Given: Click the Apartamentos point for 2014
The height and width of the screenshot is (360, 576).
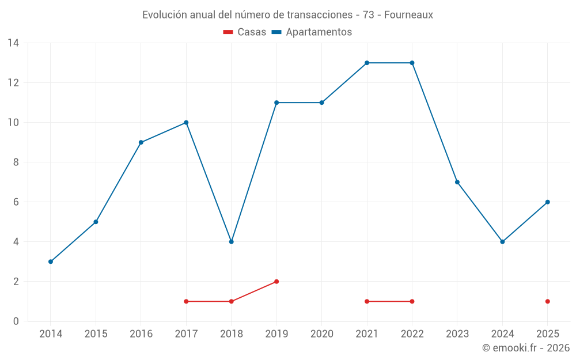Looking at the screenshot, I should (51, 262).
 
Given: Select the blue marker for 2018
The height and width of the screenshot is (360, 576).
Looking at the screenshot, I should (232, 242).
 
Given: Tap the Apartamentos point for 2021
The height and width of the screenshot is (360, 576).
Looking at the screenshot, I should (367, 63).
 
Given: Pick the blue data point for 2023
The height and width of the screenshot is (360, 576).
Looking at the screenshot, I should (457, 182).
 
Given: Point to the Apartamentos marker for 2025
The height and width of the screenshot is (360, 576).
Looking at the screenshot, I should (548, 202).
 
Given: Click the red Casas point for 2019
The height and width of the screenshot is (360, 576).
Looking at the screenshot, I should (276, 282).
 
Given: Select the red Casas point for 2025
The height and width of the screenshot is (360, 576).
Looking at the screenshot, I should (548, 301).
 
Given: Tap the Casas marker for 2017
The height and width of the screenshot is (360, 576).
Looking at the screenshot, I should (186, 301).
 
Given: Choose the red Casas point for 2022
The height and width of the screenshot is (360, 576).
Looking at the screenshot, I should (412, 301).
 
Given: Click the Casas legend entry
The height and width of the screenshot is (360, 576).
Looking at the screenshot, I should (245, 32).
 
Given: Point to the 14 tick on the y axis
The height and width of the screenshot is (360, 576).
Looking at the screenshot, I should (13, 43).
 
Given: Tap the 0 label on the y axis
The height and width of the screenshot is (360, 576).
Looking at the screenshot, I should (16, 321).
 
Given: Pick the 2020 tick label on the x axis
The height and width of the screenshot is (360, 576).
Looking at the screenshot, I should (321, 334).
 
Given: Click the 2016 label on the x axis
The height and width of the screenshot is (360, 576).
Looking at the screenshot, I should (141, 334).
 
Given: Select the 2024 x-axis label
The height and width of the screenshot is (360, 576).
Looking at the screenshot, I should (502, 334).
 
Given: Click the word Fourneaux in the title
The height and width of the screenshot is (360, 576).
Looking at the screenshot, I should (408, 15).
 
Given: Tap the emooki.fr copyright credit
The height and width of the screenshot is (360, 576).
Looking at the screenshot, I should (526, 348).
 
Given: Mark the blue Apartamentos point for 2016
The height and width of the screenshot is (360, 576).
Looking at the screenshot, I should (141, 142).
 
